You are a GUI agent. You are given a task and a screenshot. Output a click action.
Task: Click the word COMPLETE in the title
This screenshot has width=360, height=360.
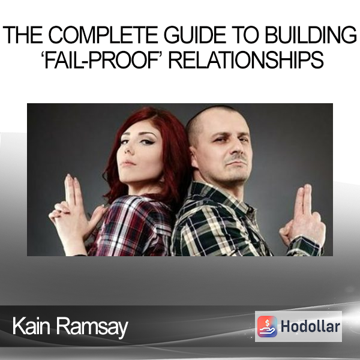pos(103,35)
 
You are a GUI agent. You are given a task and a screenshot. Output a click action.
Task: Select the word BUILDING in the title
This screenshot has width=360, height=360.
pos(311,35)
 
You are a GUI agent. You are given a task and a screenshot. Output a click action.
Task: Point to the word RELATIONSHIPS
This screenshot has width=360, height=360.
pos(246,60)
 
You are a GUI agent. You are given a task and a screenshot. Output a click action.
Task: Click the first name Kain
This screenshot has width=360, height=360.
pos(31,326)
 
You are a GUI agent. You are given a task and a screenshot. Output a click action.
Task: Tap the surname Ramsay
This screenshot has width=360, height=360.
pos(92,327)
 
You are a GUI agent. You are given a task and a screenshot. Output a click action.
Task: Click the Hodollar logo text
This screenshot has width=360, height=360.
pos(310,326)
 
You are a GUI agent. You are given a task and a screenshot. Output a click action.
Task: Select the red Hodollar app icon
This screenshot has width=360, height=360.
pos(267,326)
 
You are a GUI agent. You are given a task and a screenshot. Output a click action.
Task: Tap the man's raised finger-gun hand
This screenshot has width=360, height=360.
pos(302,216)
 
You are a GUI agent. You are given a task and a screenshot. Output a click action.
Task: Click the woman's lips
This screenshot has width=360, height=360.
pos(128,163)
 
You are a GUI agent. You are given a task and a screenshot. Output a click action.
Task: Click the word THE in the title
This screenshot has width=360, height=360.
pos(23,35)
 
